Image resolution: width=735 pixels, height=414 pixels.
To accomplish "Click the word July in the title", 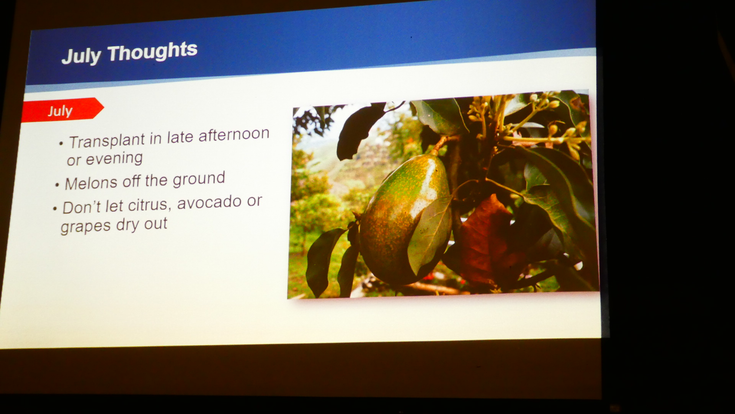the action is pyautogui.click(x=82, y=56).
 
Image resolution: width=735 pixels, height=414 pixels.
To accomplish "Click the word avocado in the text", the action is pyautogui.click(x=209, y=202).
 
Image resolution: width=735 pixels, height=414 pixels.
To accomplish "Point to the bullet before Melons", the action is pyautogui.click(x=57, y=186).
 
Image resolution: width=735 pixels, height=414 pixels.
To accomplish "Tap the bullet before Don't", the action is pyautogui.click(x=55, y=209).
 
